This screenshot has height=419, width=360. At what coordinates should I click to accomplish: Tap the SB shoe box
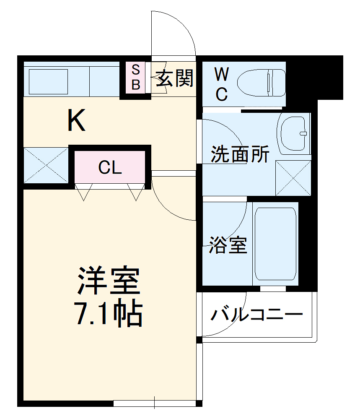point(136,78)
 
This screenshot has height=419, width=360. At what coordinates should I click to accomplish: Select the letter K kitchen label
point(77,120)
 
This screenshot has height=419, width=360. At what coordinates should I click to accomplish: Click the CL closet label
point(110,168)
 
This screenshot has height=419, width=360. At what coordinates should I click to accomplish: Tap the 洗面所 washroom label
point(239,155)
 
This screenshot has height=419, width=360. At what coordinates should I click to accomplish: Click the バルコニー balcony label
point(256,315)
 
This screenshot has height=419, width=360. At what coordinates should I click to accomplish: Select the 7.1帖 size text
point(109,313)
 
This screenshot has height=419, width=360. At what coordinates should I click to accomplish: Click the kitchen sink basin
point(48,81)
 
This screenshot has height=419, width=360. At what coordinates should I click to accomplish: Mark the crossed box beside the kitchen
point(46,165)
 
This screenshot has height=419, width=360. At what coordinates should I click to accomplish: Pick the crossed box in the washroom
point(293,178)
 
